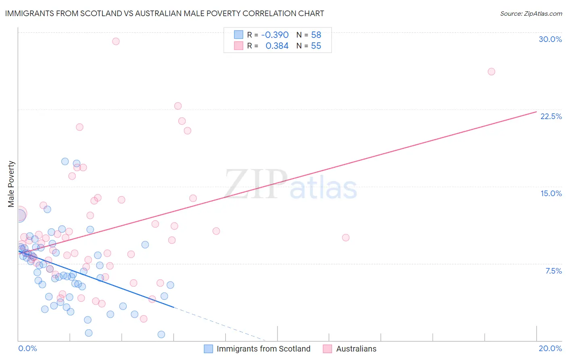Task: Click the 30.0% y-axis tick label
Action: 550,39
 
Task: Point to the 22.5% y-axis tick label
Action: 551,116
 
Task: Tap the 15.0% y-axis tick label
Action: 551,193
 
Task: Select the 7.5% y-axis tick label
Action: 553,271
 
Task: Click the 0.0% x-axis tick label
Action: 27,348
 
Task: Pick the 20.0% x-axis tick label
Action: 550,348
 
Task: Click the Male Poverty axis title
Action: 11,184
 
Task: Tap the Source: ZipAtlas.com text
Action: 531,14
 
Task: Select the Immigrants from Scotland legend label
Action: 263,349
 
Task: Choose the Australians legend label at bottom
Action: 356,349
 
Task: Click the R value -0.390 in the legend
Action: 275,35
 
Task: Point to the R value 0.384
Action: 277,46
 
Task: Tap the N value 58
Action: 316,35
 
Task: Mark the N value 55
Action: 316,46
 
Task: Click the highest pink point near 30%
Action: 116,41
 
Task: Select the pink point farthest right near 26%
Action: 491,71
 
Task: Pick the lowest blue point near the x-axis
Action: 161,334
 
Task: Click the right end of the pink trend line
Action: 536,111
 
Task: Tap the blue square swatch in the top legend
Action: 239,35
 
